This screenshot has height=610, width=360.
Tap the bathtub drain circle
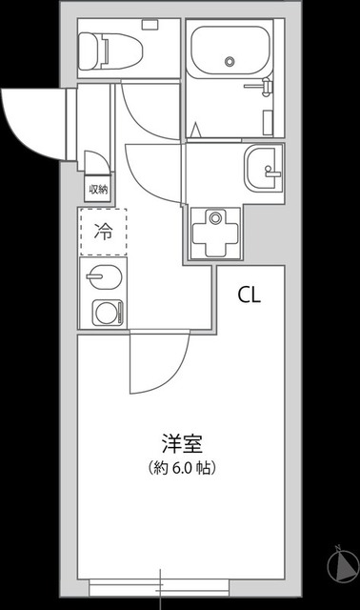coord(230,61)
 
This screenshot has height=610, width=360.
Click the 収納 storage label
coord(98,189)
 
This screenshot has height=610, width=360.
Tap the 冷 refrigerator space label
coord(103,232)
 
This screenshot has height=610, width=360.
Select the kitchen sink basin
coord(100,279)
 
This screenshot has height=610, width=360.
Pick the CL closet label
coord(249,294)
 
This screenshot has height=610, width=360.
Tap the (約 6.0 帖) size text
coord(180,468)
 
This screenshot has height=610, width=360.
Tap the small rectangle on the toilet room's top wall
coord(150,23)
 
